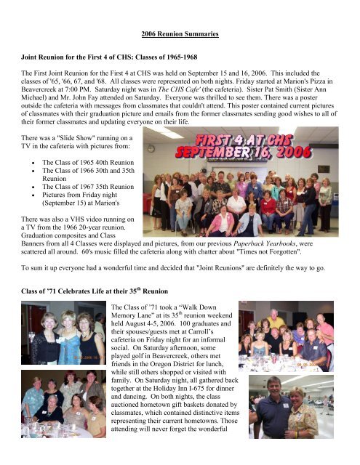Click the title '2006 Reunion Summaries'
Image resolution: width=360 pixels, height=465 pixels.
(x=180, y=34)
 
